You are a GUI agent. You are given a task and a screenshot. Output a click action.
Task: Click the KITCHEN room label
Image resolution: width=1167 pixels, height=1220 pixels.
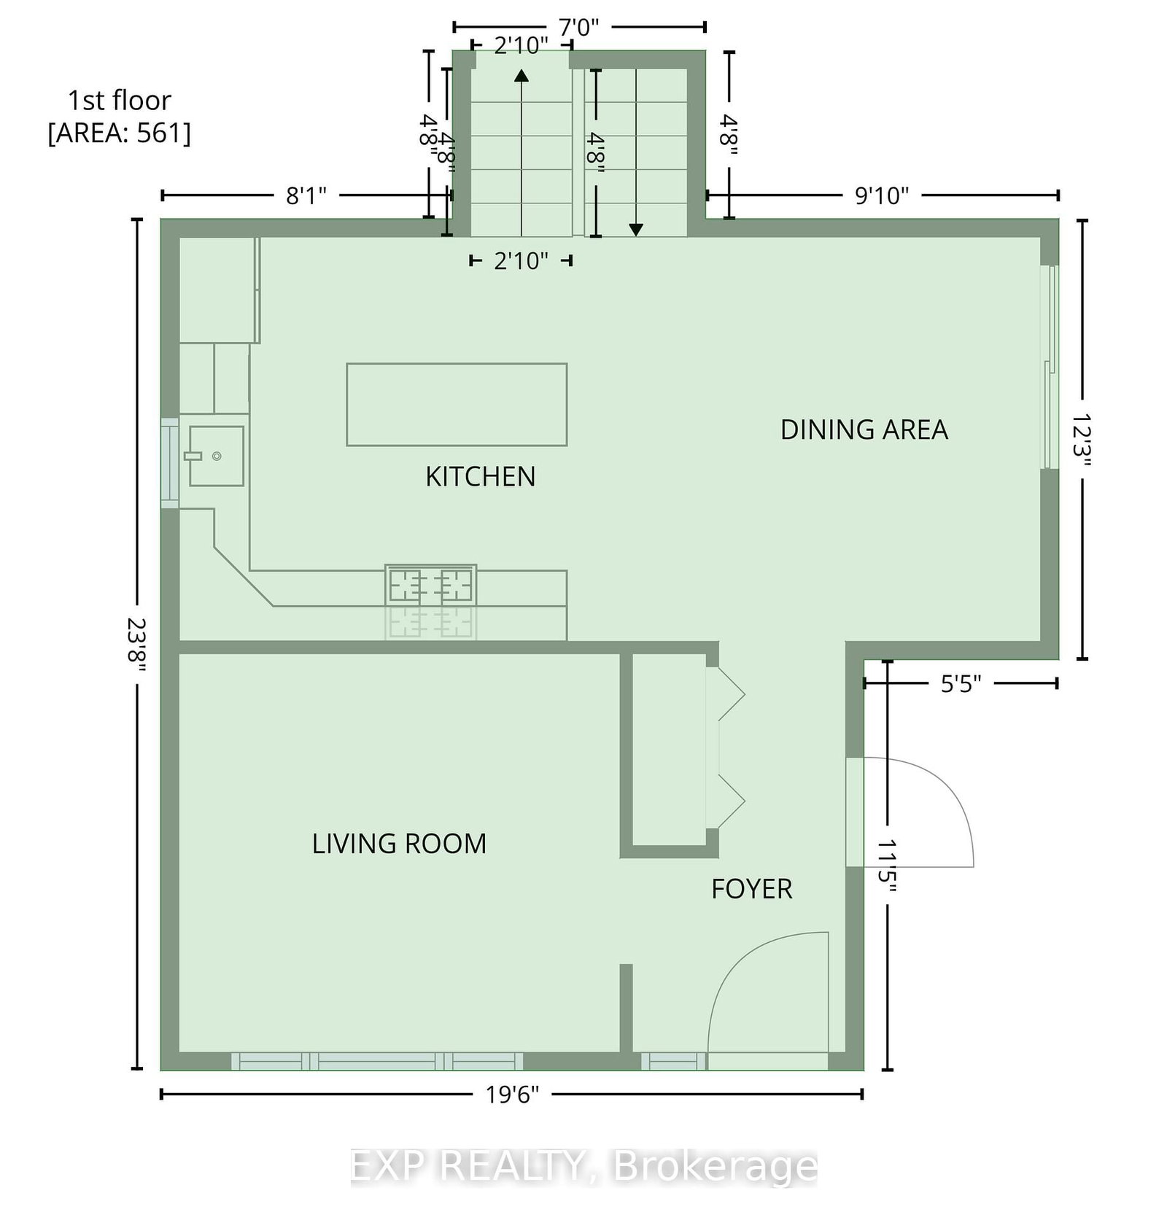(481, 477)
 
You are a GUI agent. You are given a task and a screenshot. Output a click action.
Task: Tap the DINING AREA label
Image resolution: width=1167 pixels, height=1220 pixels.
(864, 430)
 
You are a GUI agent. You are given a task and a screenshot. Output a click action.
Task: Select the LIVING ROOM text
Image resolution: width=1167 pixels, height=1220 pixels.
(399, 844)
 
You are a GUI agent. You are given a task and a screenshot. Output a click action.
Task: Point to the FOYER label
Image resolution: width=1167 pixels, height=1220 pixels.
(752, 889)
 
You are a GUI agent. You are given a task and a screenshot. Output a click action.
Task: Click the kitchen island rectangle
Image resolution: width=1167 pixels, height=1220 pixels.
(457, 405)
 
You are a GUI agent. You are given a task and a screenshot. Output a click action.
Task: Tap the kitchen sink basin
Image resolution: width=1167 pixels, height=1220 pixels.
(217, 456)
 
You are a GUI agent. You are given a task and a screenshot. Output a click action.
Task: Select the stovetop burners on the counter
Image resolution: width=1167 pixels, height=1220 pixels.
(430, 585)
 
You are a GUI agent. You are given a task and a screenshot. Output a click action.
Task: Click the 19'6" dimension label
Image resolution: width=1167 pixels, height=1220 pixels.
(513, 1095)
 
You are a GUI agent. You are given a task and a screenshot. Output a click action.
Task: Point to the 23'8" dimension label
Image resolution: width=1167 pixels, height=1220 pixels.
(136, 646)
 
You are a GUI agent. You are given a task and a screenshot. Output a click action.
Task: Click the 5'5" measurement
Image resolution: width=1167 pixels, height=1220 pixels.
(961, 684)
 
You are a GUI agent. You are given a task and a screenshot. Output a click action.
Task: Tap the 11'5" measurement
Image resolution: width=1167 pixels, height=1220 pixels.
(887, 866)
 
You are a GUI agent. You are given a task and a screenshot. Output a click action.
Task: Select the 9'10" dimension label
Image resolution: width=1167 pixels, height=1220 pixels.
(883, 195)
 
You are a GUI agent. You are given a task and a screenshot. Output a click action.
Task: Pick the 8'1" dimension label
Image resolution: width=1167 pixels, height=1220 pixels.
(306, 195)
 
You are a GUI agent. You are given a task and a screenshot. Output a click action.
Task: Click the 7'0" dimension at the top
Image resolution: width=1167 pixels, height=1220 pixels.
(579, 28)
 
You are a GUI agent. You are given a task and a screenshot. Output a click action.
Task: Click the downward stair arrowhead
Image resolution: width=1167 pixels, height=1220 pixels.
(636, 230)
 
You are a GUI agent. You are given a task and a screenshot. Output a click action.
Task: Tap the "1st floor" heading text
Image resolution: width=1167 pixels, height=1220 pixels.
(120, 100)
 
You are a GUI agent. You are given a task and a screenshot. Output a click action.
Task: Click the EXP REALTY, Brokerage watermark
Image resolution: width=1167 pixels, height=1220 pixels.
(583, 1166)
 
